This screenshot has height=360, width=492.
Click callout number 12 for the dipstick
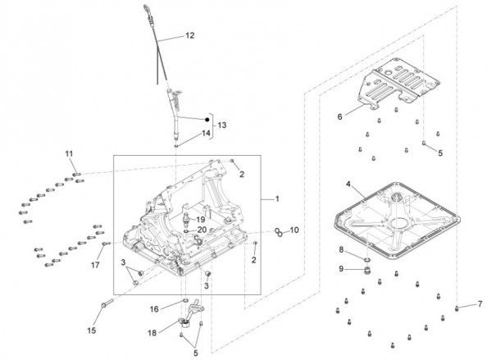click(x=190, y=36)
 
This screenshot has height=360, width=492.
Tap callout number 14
click(x=205, y=133)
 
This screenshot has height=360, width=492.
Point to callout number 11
click(x=69, y=153)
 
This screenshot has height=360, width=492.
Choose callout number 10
click(x=295, y=230)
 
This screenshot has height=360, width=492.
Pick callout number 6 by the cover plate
click(x=341, y=117)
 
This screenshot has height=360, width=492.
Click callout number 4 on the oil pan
click(x=348, y=185)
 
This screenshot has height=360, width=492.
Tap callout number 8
click(x=341, y=249)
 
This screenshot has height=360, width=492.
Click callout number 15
click(x=92, y=330)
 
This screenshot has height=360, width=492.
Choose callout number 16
click(x=153, y=309)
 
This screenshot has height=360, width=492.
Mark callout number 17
click(x=95, y=265)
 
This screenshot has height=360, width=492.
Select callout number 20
click(x=202, y=230)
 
